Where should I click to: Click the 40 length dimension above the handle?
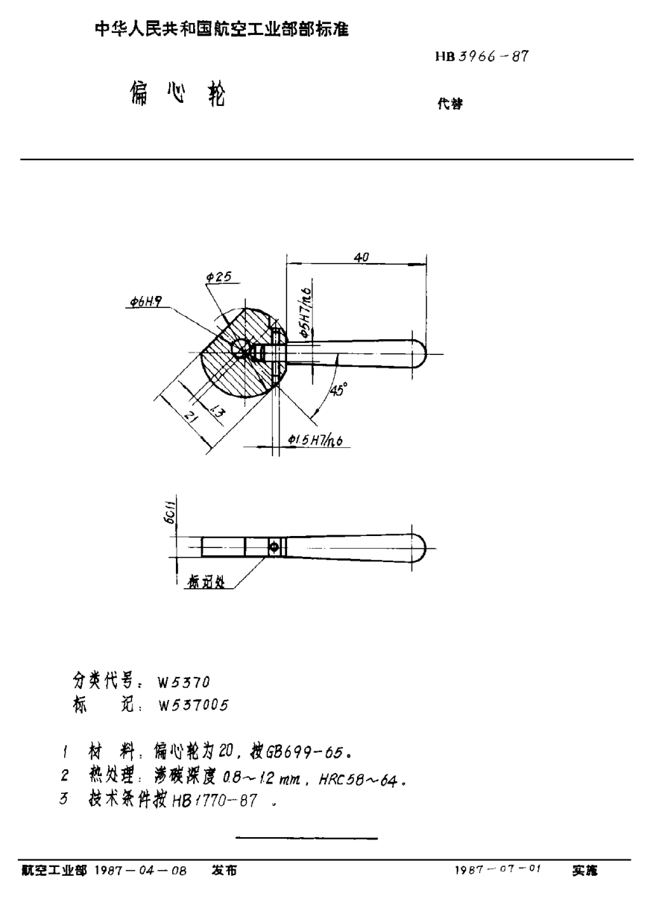pos(361,256)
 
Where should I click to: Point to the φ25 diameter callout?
pos(218,277)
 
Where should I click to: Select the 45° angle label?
pos(336,389)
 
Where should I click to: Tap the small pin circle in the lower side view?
pos(275,547)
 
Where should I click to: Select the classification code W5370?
pos(184,681)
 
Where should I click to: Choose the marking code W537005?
pos(192,704)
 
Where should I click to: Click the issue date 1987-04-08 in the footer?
pos(140,870)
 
